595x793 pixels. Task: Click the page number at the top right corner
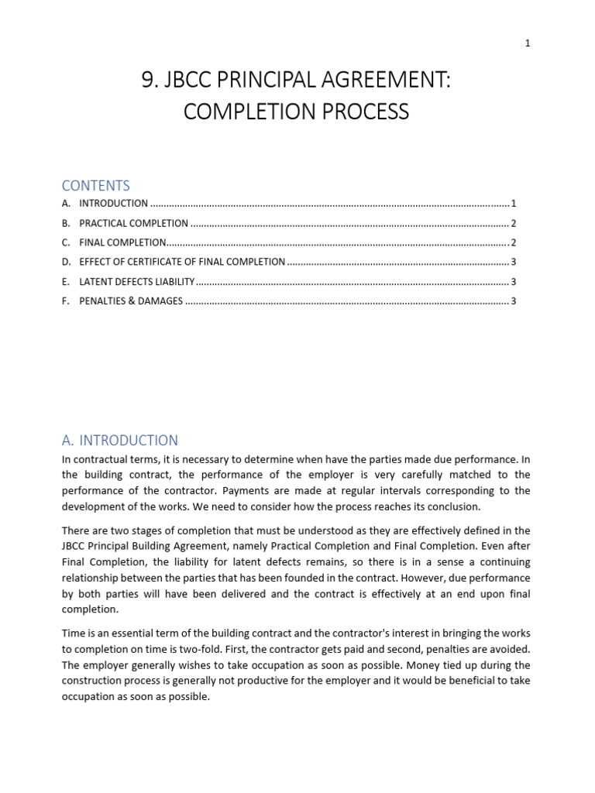[x=528, y=43]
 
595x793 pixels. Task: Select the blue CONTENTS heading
[x=96, y=186]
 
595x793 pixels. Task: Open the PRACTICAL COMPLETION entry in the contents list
[x=133, y=223]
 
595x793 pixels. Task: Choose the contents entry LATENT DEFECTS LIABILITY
[x=136, y=282]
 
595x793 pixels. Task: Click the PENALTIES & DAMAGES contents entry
[x=131, y=301]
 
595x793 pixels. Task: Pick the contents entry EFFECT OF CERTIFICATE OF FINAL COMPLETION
[x=182, y=262]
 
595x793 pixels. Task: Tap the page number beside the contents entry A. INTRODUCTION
[x=514, y=204]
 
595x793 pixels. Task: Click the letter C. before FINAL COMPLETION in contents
[x=67, y=242]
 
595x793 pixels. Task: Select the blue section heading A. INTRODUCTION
[x=120, y=441]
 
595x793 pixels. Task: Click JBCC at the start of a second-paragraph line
[x=75, y=547]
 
